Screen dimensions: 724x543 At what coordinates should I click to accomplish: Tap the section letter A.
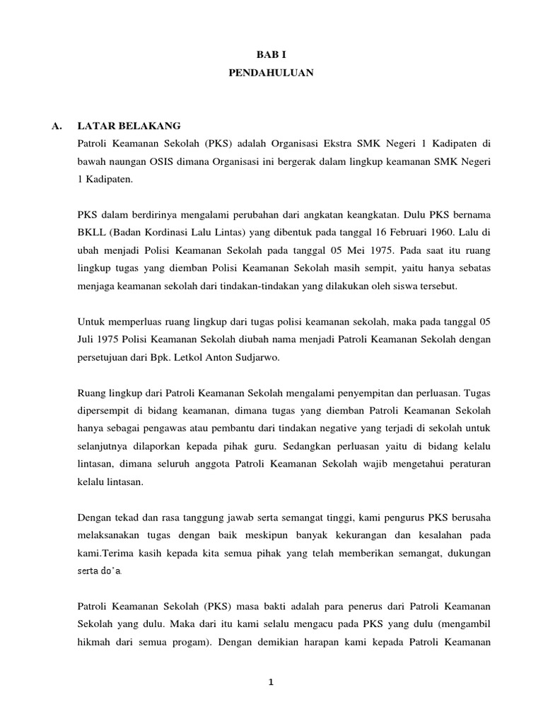coord(57,126)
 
